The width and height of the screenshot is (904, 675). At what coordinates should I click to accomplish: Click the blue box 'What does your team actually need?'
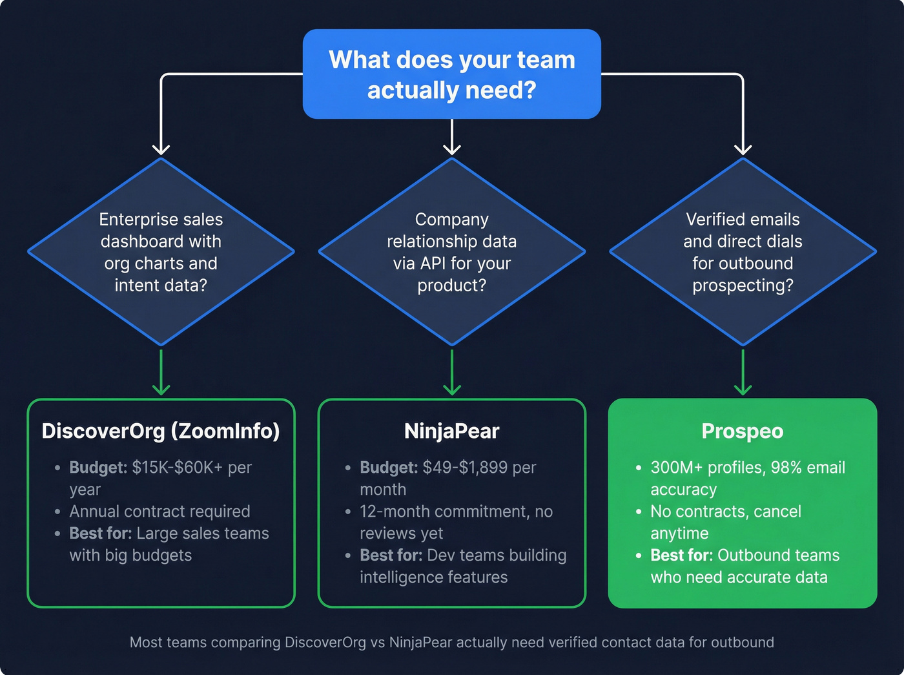[x=452, y=74]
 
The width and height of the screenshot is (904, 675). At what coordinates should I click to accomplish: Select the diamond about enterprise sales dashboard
[x=161, y=252]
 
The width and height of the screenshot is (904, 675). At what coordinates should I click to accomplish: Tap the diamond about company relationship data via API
[x=452, y=252]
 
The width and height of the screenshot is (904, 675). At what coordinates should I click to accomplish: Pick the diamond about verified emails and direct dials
[x=743, y=252]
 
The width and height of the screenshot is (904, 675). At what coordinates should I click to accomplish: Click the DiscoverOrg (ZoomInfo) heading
[x=161, y=431]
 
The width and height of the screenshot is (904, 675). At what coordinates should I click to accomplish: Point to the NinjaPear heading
[x=452, y=431]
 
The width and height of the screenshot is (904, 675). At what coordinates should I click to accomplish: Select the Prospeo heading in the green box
[x=743, y=431]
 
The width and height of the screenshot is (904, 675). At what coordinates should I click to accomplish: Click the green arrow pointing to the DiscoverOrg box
[x=161, y=375]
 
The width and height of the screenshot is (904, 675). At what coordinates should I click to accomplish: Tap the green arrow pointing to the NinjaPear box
[x=452, y=375]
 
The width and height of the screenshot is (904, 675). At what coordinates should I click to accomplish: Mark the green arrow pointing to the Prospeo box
[x=743, y=375]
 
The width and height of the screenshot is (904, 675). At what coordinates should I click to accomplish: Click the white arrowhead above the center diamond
[x=452, y=149]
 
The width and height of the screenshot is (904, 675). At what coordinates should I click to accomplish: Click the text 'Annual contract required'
[x=159, y=512]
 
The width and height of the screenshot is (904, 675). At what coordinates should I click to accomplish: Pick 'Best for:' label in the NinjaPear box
[x=391, y=556]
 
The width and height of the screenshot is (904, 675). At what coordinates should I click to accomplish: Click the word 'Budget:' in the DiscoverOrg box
[x=98, y=468]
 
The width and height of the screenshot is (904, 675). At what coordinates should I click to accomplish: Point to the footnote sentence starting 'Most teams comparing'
[x=452, y=643]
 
